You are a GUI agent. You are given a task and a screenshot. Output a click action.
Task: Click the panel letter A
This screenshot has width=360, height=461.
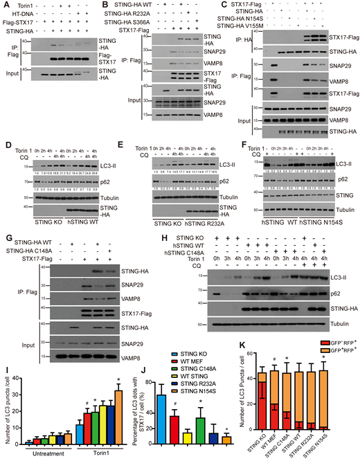coord(5,5)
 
